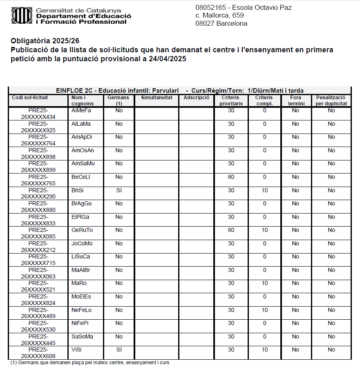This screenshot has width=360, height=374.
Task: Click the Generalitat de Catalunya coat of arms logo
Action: click(x=22, y=16)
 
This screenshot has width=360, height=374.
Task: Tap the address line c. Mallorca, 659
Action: click(x=219, y=16)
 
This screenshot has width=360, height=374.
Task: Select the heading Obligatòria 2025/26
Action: click(x=45, y=41)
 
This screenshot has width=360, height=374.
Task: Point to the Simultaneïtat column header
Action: click(x=157, y=98)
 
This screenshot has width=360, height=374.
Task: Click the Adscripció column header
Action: click(x=197, y=98)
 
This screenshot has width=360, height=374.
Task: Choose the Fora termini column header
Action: click(x=295, y=100)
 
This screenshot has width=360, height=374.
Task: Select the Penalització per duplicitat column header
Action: click(x=331, y=100)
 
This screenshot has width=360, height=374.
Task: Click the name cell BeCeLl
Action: click(x=80, y=177)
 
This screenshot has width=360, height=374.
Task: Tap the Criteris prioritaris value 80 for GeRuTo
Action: click(x=231, y=230)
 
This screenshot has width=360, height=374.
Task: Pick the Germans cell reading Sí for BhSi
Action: click(x=119, y=190)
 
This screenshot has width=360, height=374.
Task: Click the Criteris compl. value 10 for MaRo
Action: click(x=265, y=283)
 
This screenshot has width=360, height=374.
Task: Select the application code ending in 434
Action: click(x=38, y=114)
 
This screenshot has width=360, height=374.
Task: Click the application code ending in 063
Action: click(x=38, y=273)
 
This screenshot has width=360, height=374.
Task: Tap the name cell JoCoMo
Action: click(x=82, y=243)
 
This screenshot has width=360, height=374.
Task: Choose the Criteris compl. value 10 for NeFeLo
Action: click(x=265, y=310)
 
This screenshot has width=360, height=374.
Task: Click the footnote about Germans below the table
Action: click(x=90, y=363)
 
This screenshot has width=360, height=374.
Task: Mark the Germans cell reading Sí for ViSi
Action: click(x=119, y=350)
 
